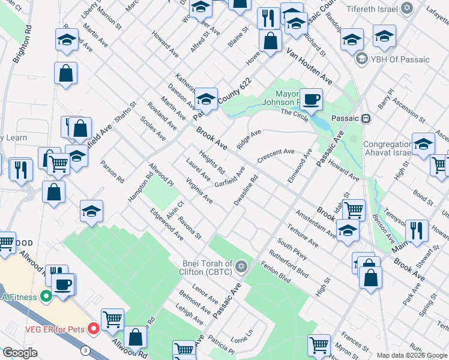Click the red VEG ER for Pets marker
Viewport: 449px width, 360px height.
93,328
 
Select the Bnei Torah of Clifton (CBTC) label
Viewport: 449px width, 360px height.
209,265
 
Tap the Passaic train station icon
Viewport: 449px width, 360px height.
366,118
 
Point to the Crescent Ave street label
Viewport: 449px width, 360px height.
276,155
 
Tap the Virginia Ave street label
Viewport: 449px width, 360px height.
199,190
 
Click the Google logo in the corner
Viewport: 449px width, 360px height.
20,353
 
